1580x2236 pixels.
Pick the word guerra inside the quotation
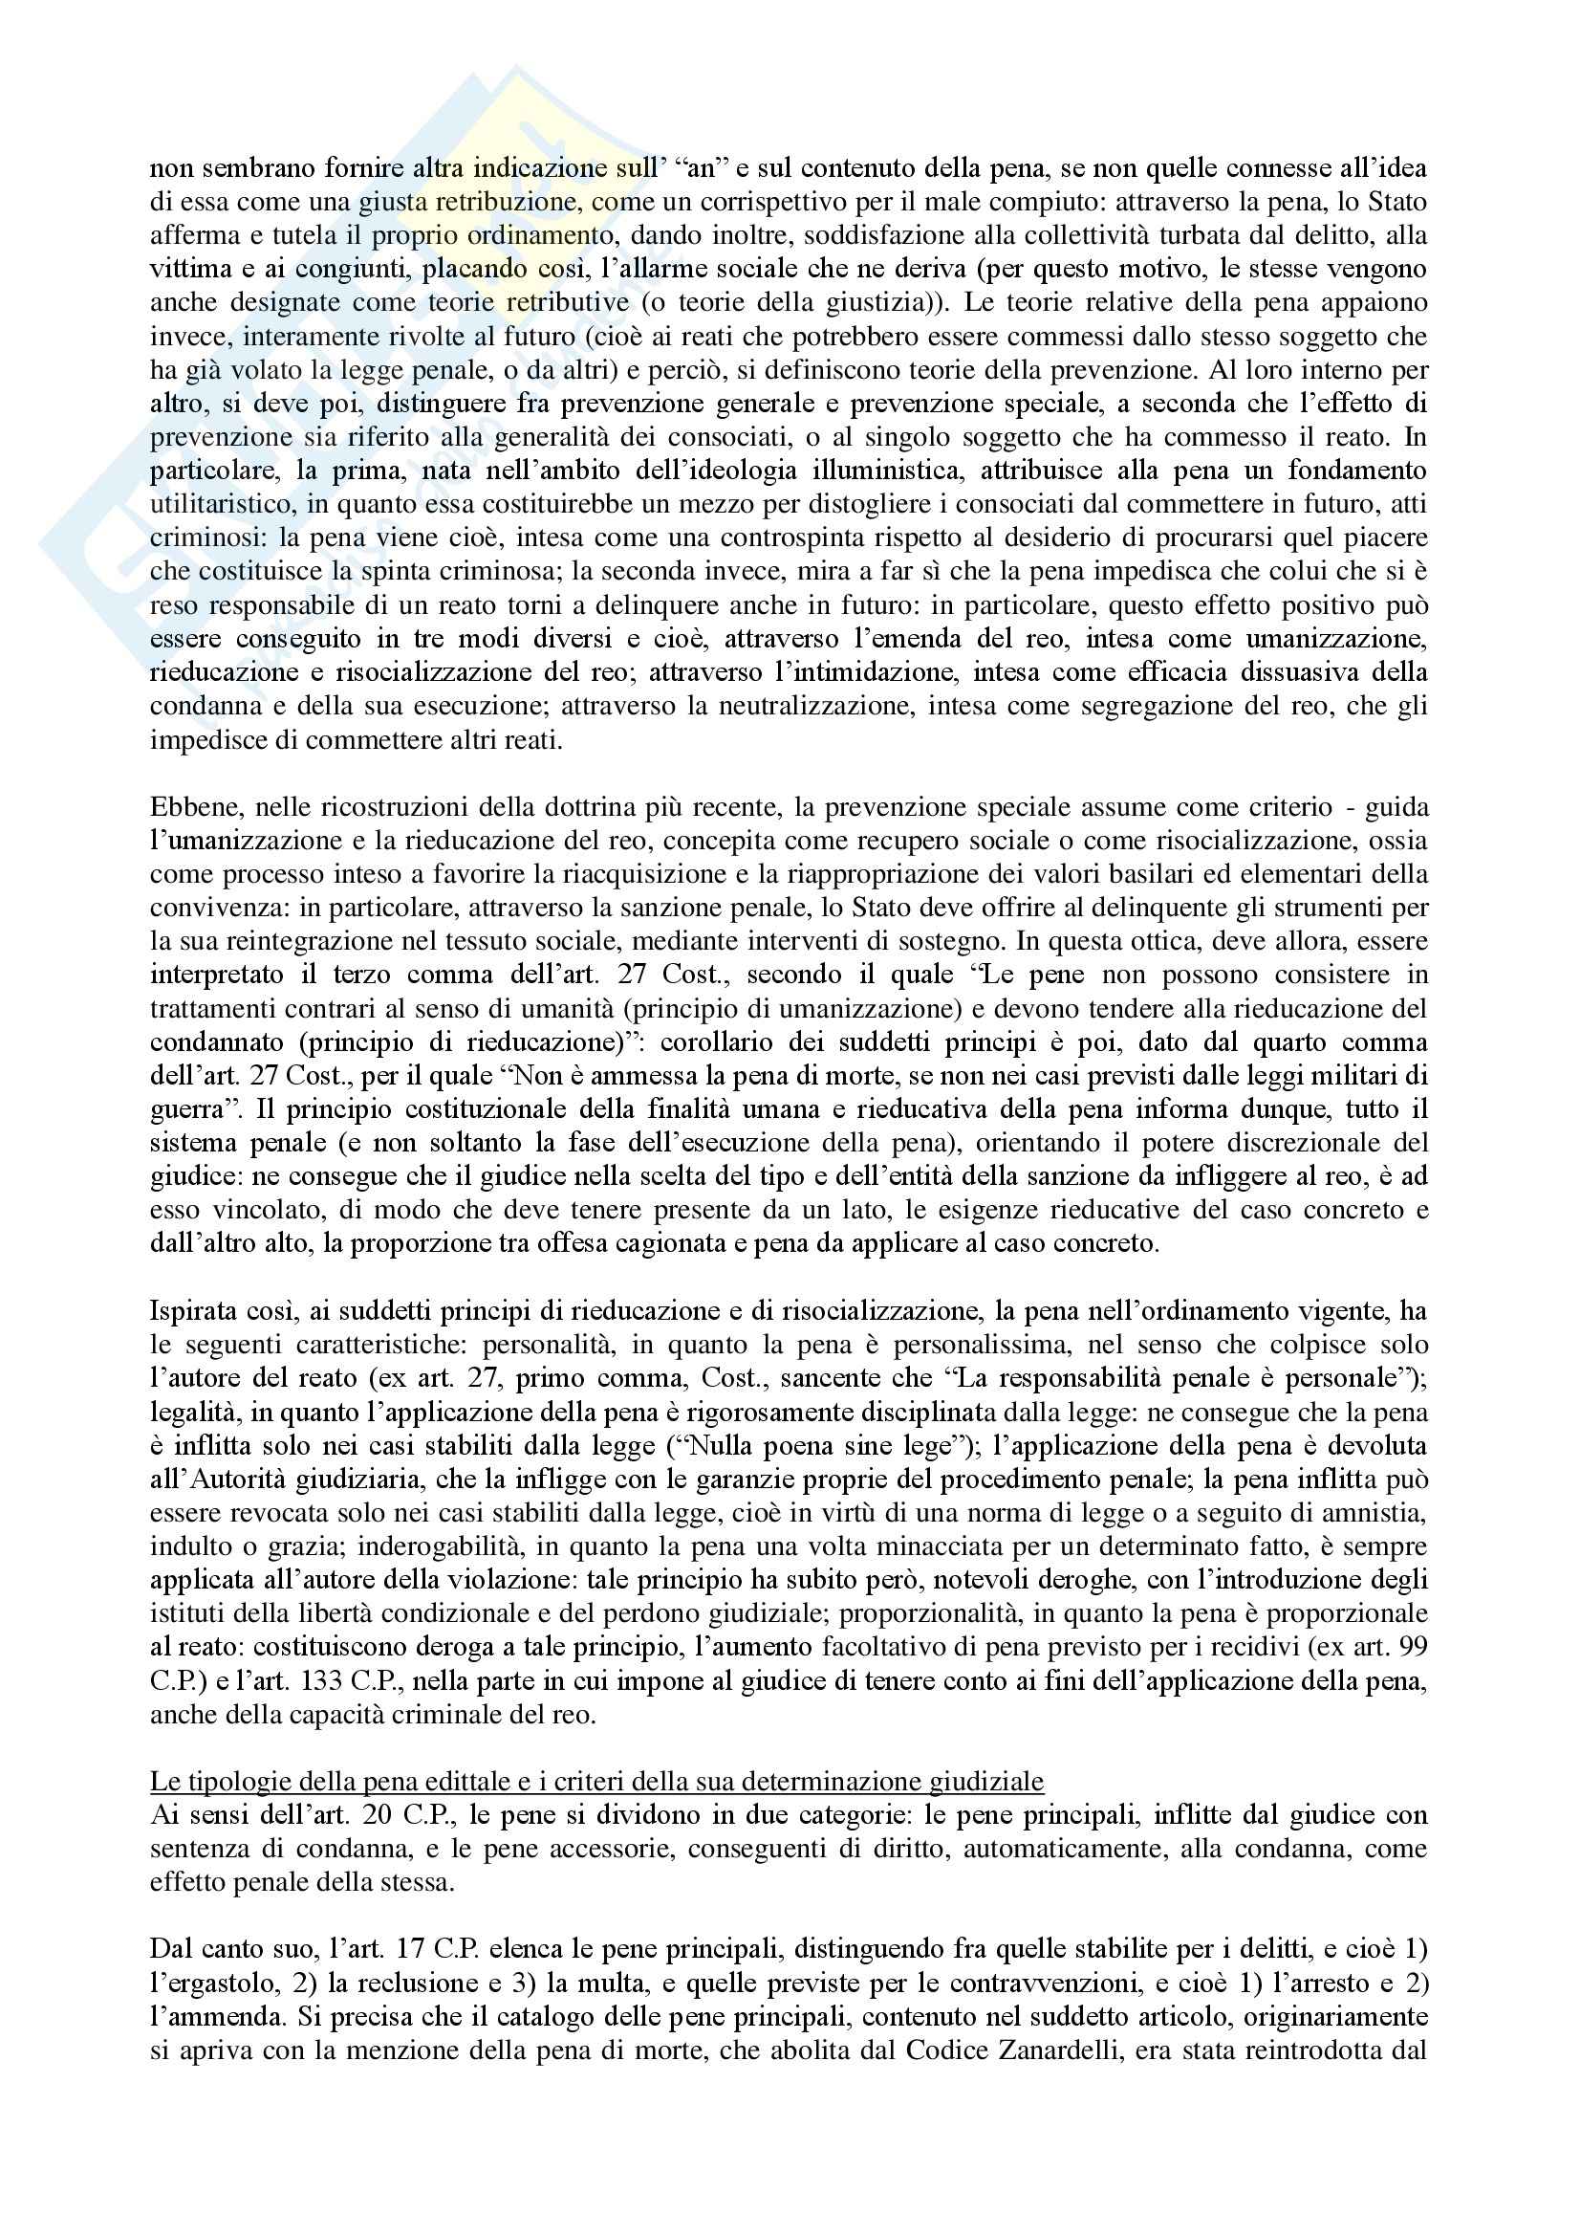point(181,1110)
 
